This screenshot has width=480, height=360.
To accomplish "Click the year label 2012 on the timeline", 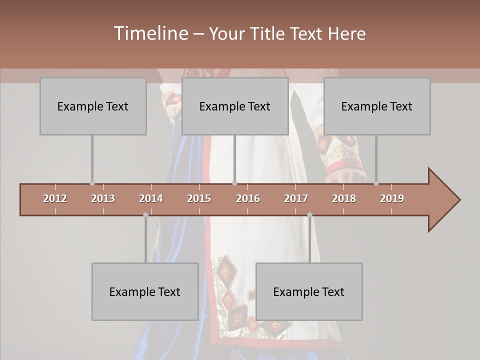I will pos(55,198).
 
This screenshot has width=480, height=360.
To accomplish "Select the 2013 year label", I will pos(103,198).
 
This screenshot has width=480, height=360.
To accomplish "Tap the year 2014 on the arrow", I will pos(151,198).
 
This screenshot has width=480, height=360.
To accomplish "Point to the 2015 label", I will pos(199,198).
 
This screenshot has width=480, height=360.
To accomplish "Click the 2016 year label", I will pos(248,198).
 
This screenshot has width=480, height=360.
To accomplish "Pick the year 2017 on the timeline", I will pos(296,198).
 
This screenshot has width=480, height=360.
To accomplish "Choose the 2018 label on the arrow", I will pos(344,198).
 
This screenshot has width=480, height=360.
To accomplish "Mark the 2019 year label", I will pos(392,198).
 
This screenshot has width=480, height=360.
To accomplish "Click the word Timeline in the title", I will pos(150,33).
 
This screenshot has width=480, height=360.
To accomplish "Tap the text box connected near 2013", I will pos(93,106).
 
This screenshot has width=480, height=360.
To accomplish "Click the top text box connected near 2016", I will pos(235,106).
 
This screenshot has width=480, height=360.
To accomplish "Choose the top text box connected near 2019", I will pos(377,106).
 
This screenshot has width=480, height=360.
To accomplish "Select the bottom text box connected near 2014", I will pos(145,291).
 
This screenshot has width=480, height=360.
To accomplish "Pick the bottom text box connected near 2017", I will pos(309,291).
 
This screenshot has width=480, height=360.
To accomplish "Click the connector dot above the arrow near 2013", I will pos(92,183).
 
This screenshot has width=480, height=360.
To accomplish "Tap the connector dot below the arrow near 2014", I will pos(145,215).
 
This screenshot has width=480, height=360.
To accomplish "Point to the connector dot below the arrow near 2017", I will pos(309,215).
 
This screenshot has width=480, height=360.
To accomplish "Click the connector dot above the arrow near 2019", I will pos(376,183).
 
